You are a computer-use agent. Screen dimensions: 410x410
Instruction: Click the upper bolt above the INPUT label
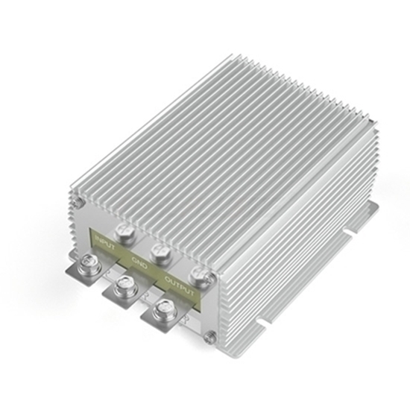pos(125,233)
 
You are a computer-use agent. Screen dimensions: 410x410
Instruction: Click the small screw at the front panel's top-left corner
pos(77,204)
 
